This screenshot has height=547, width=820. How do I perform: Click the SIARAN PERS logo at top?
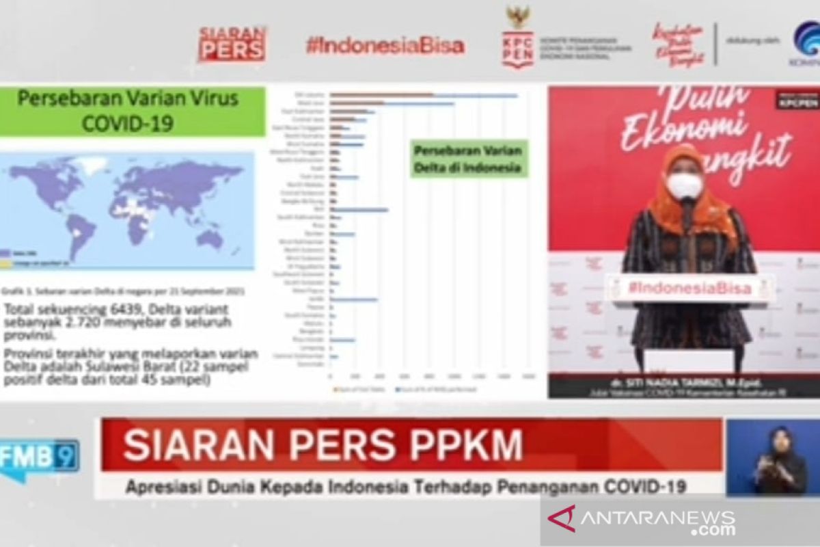click(x=232, y=44)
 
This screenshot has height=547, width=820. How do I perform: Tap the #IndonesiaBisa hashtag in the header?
click(x=385, y=46)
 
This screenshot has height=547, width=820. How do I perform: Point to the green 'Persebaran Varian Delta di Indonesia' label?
click(x=469, y=159)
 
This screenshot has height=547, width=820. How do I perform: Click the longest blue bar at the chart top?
click(x=424, y=96)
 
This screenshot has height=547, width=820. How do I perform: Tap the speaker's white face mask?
click(x=683, y=185)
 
